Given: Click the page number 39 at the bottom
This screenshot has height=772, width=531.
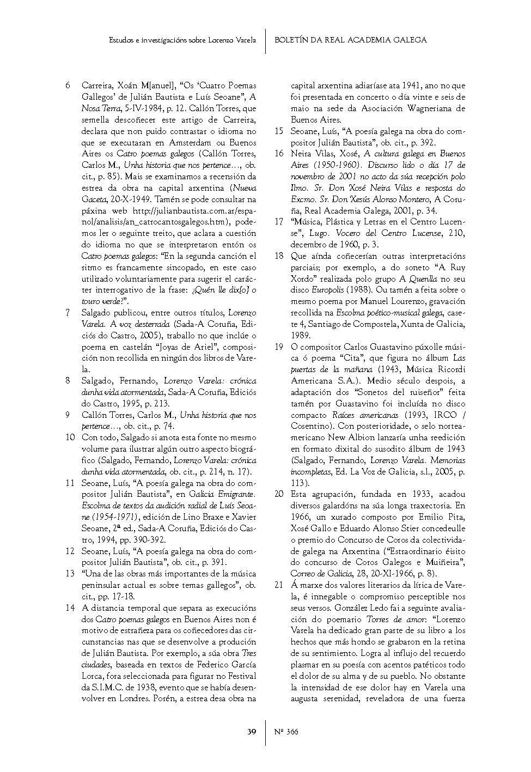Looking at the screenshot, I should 252,731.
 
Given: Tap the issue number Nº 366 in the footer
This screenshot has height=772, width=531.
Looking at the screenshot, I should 286,731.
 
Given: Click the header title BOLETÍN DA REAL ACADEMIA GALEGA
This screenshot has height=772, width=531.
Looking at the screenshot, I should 350,40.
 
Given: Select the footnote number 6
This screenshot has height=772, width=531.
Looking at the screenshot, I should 68,86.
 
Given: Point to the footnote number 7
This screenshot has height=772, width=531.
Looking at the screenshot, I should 68,313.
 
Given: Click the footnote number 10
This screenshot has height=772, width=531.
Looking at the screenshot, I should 70,437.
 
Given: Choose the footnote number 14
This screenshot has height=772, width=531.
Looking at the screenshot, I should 70,608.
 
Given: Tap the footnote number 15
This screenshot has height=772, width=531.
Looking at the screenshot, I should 279,131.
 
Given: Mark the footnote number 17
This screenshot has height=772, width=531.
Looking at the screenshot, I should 279,222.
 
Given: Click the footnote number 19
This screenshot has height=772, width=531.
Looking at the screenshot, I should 279,347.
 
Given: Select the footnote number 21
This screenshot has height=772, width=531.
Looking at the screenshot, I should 279,585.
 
